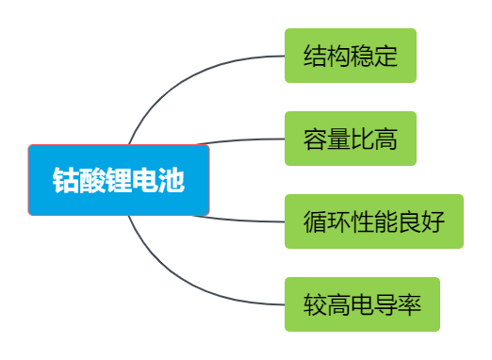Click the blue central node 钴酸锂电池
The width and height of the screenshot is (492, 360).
pyautogui.click(x=119, y=180)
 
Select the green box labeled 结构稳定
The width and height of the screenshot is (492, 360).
pyautogui.click(x=350, y=56)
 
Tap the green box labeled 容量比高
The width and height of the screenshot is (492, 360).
pyautogui.click(x=350, y=139)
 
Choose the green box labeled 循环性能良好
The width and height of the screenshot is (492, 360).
pyautogui.click(x=373, y=221)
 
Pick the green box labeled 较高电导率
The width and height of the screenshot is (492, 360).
pyautogui.click(x=362, y=304)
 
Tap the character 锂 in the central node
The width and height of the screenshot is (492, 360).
pyautogui.click(x=119, y=180)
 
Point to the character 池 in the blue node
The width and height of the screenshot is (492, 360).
pyautogui.click(x=172, y=180)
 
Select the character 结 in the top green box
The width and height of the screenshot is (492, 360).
pyautogui.click(x=315, y=56)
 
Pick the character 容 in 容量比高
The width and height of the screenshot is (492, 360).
pyautogui.click(x=315, y=139)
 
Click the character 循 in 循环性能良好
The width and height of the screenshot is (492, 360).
pyautogui.click(x=315, y=221)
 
